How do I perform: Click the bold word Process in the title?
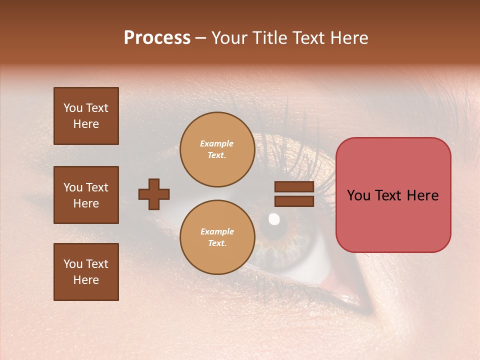point(157,38)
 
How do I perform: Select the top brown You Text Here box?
point(86,116)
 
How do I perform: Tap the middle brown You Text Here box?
point(86,195)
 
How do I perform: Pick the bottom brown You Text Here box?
point(86,272)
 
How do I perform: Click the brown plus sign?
point(154,194)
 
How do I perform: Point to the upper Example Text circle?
point(217,149)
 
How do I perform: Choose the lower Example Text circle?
point(217,237)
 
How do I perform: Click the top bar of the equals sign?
point(294,186)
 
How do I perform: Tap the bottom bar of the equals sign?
point(294,201)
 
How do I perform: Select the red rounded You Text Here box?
point(393,195)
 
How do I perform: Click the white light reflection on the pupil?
point(274,218)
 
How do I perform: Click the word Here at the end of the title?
point(350,38)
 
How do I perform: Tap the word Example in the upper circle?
point(217,143)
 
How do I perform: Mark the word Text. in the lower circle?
point(217,243)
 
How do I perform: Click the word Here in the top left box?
point(86,124)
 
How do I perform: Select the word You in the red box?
point(358,195)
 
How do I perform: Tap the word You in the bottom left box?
point(73,264)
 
